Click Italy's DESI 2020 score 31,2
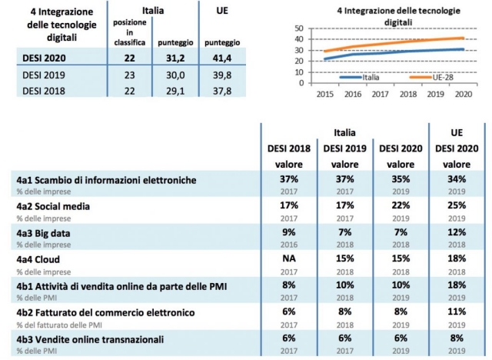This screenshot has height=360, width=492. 175,58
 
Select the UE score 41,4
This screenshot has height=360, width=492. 222,58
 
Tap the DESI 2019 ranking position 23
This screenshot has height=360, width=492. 130,75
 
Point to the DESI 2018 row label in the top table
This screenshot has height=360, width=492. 44,91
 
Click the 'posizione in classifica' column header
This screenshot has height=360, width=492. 130,32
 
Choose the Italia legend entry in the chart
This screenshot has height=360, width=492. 360,77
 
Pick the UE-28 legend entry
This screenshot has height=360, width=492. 431,77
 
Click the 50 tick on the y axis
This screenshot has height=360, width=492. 299,28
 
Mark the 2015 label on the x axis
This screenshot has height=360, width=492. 324,94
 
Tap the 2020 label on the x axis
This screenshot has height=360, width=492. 464,94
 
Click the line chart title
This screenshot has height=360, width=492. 398,17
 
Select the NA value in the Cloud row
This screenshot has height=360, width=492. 289,258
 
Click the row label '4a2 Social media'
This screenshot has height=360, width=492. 53,206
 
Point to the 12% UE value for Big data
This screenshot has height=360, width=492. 457,232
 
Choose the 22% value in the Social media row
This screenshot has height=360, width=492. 401,205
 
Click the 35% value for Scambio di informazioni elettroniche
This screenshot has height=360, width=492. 401,179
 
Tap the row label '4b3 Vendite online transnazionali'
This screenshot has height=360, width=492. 90,339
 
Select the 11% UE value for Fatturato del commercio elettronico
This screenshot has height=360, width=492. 457,312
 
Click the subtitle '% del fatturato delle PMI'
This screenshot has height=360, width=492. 59,325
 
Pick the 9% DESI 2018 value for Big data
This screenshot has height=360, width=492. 289,232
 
